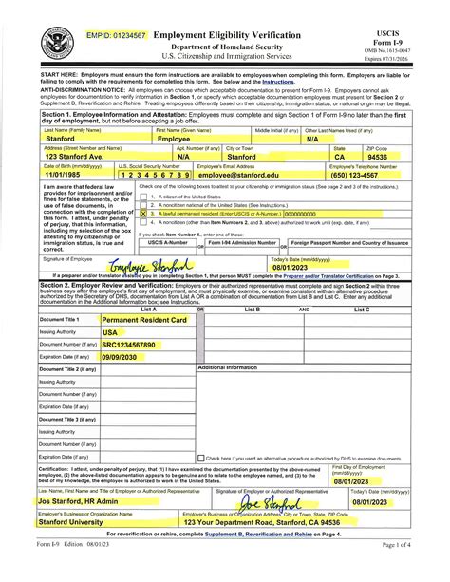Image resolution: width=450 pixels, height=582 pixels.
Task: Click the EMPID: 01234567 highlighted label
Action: (119, 36)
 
